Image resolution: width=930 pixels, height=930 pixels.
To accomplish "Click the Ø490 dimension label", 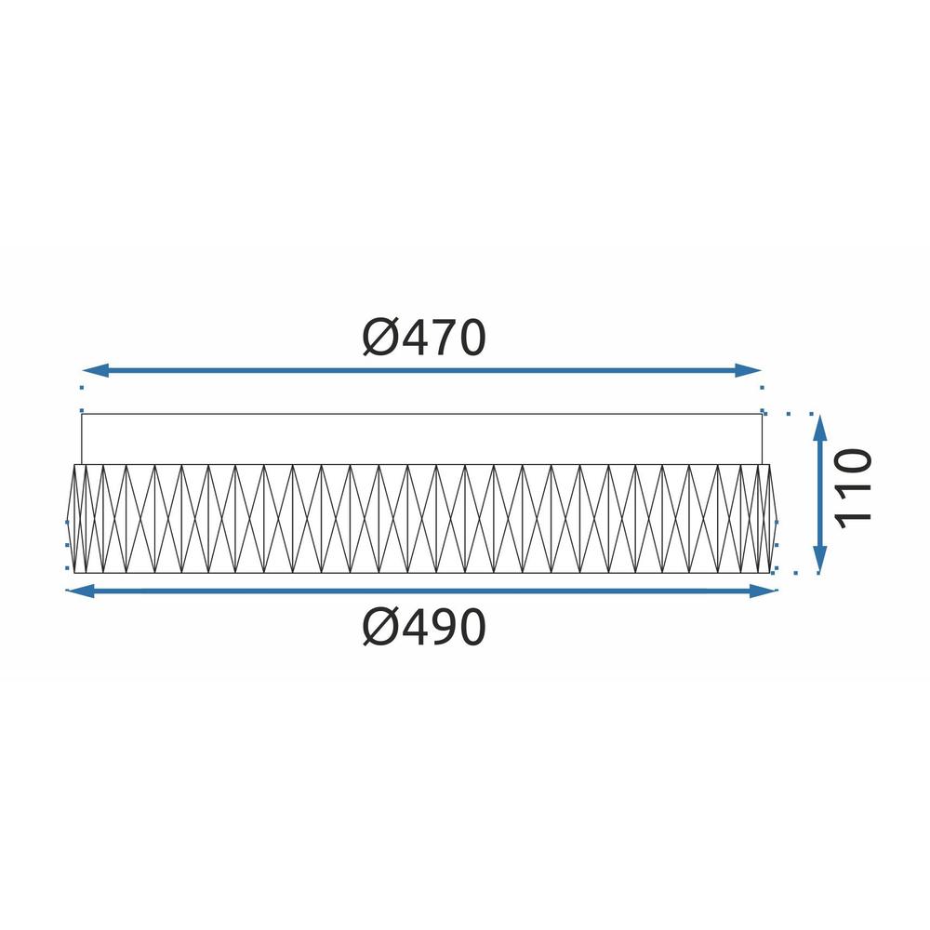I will click(x=424, y=630).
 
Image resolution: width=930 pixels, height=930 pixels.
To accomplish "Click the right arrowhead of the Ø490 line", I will click(x=766, y=590).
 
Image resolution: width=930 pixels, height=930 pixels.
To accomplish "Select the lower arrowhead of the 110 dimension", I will click(x=819, y=562).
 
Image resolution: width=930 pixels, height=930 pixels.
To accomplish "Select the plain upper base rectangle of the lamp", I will click(x=423, y=437).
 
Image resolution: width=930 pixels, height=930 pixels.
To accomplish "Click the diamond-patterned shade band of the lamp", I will click(x=423, y=518).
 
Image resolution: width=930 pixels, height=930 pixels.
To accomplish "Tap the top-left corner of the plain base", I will click(x=82, y=413).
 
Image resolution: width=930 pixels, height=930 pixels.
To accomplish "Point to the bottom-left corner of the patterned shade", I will click(x=74, y=573).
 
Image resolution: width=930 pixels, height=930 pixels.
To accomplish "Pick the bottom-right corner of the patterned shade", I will click(x=771, y=573).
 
